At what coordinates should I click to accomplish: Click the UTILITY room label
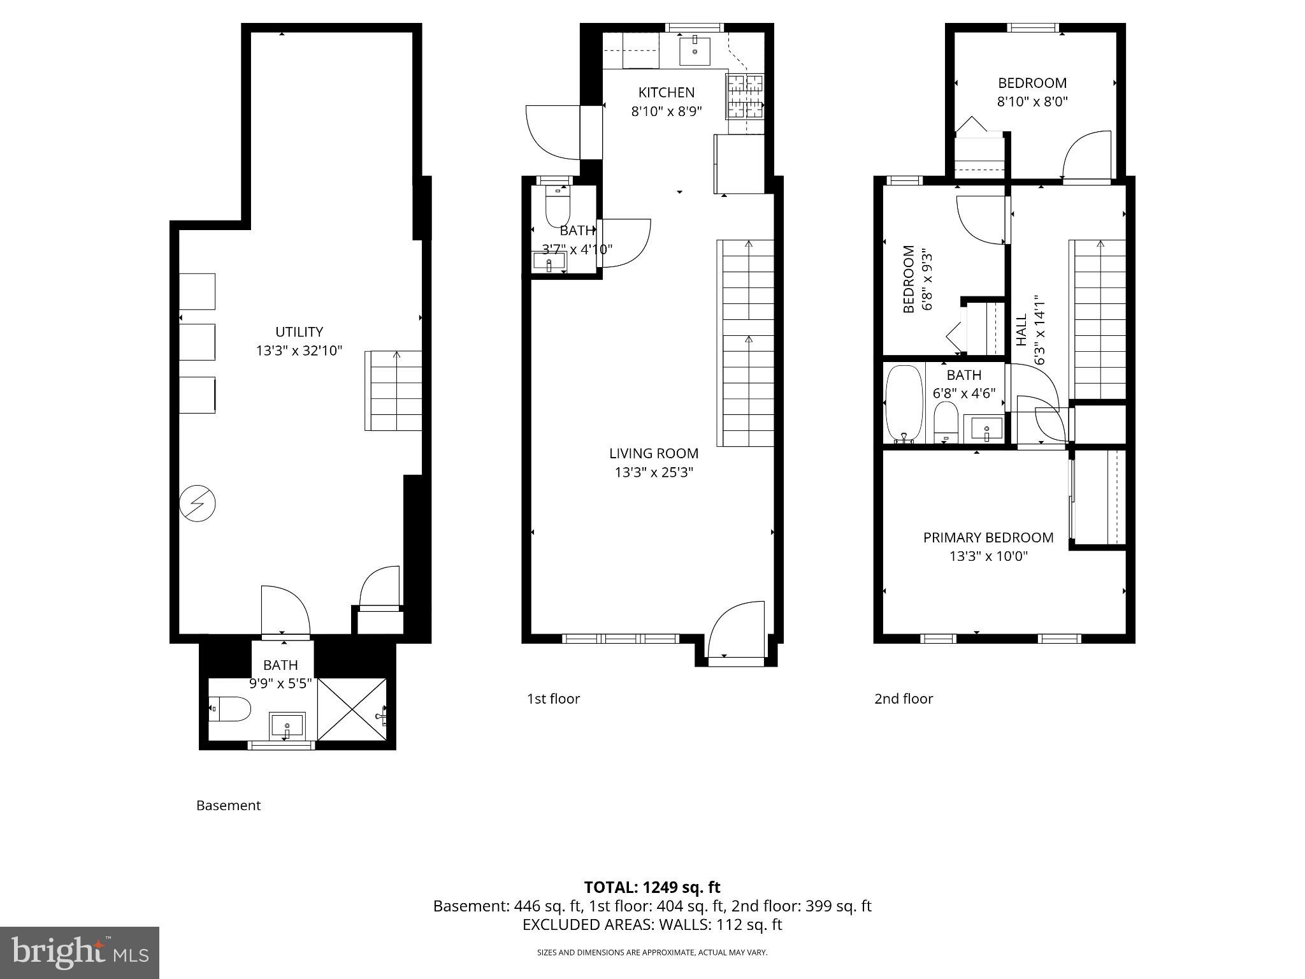point(299,332)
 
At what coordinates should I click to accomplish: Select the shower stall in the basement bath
point(352,709)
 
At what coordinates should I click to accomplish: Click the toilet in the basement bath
point(231,709)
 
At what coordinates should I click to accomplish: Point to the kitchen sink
point(695,51)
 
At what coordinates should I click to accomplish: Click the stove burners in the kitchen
point(745,96)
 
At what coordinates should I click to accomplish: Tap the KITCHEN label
point(667,92)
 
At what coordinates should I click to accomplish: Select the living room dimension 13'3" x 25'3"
point(654,472)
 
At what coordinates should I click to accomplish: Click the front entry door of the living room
point(736,631)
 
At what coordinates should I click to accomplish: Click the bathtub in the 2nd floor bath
point(904,404)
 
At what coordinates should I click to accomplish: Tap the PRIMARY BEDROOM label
point(988,537)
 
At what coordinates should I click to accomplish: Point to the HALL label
point(1021,330)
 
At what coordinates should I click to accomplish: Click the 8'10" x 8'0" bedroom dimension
point(1032,101)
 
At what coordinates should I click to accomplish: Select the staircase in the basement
point(394,390)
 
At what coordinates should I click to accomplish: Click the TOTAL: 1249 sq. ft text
point(652,887)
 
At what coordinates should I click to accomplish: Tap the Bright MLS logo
point(80,952)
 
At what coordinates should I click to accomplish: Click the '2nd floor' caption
point(903,699)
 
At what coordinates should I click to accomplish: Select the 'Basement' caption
point(228,806)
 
